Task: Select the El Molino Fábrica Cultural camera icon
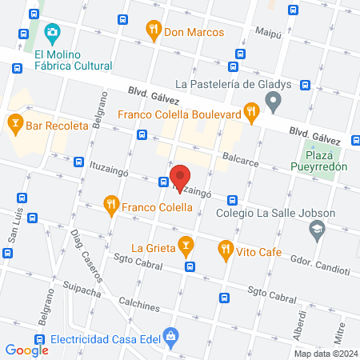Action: point(53,34)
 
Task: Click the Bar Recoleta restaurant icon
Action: point(14,123)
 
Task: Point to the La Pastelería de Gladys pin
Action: point(274,102)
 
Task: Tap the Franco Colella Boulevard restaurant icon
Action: point(251,114)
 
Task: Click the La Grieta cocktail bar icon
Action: point(186,243)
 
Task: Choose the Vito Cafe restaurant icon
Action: point(226,250)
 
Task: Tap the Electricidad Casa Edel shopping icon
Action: point(170,336)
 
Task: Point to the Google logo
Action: point(26,350)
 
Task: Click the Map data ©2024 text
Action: point(325,353)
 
